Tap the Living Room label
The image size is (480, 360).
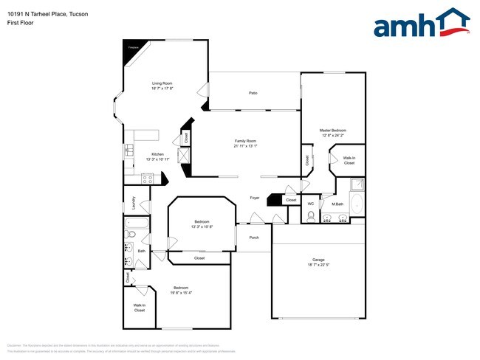[162, 86]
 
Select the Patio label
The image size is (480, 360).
[253, 93]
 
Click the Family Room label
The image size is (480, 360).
[245, 143]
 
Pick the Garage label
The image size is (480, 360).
[318, 263]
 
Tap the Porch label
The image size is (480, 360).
[254, 238]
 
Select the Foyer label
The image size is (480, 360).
[254, 198]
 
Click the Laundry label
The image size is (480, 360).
[133, 202]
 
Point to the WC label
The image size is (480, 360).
[311, 204]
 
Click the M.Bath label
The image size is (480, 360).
[338, 204]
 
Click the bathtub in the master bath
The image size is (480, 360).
[357, 204]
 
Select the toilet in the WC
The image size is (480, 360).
[311, 215]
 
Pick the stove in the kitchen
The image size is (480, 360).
[147, 178]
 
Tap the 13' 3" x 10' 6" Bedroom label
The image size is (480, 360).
[202, 224]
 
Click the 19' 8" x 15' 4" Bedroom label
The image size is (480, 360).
[182, 290]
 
